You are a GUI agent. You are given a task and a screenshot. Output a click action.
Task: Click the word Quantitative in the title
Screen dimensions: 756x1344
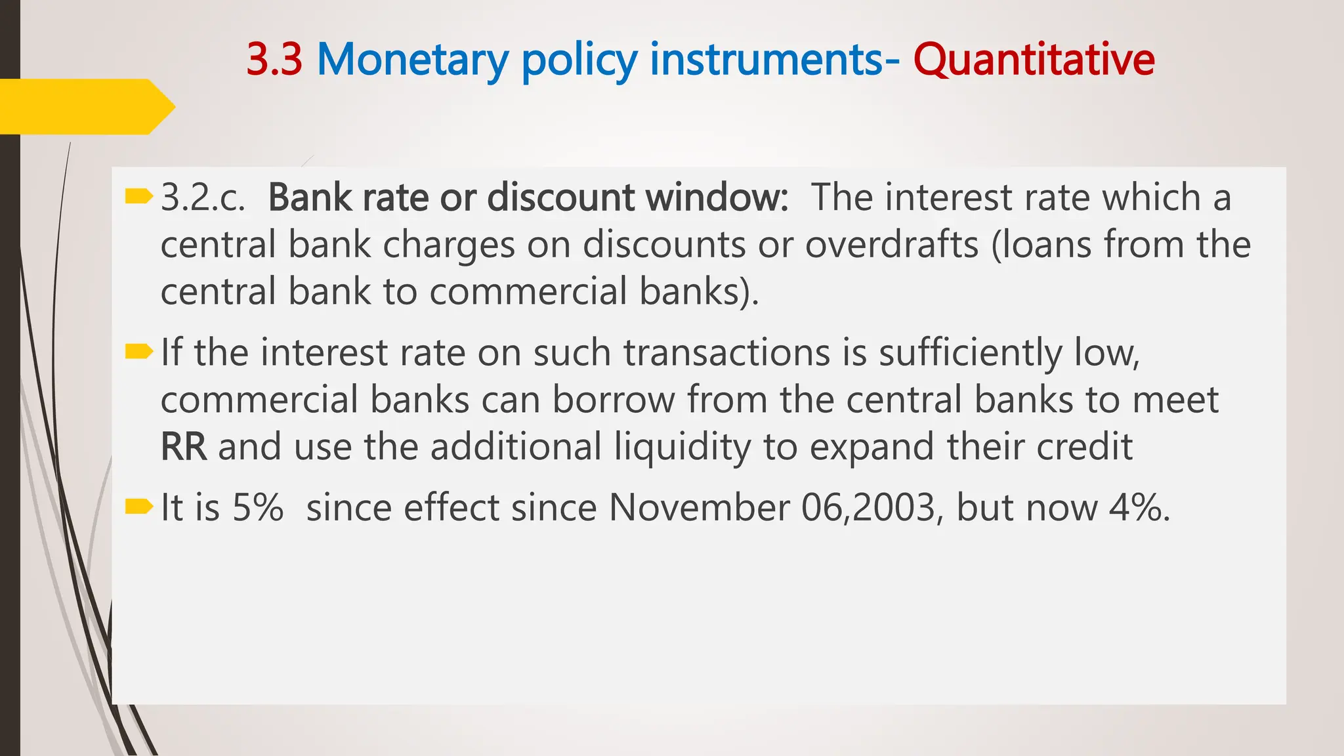1034,60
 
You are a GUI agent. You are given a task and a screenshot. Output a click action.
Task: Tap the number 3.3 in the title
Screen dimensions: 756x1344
274,60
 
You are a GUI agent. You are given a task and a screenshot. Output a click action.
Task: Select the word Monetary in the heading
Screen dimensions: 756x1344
412,60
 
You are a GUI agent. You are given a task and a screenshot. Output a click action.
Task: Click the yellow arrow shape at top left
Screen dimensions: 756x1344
85,106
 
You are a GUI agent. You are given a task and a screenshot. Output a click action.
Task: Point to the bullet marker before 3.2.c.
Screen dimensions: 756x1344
138,196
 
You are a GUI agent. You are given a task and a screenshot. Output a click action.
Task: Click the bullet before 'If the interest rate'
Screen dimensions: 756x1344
138,352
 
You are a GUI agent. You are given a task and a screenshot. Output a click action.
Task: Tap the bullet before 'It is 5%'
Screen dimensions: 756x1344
138,507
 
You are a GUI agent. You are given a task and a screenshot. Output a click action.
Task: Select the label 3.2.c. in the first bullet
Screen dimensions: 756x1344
203,198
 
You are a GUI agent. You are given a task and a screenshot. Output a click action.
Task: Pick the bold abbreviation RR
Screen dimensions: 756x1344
184,447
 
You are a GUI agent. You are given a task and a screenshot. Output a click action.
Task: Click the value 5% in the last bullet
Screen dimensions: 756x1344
258,508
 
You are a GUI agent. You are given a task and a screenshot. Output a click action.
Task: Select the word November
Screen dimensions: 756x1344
700,508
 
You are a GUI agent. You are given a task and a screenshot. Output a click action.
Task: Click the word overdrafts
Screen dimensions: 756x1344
892,245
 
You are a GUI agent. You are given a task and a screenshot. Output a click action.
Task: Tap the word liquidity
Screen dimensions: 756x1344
682,447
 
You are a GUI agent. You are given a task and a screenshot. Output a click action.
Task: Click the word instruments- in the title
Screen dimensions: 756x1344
775,60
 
